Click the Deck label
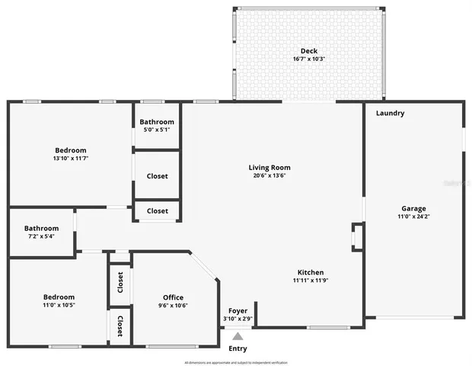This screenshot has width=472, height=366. [308, 51]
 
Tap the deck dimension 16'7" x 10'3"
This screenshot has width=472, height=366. [308, 59]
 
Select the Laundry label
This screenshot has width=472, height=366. [390, 114]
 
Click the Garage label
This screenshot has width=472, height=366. [414, 208]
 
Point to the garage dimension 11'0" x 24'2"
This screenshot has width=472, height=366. [414, 217]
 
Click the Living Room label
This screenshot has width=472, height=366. [269, 167]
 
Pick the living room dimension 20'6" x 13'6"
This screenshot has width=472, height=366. [269, 175]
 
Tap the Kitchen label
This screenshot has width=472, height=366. [311, 272]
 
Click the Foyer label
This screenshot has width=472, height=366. [238, 310]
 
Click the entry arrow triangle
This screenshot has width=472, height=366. [238, 335]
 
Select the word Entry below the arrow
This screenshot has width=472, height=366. [238, 348]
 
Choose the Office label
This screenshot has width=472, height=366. [173, 297]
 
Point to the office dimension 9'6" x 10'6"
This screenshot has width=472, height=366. [173, 306]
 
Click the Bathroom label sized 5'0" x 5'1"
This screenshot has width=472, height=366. [158, 122]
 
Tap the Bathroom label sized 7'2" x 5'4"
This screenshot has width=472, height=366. [41, 228]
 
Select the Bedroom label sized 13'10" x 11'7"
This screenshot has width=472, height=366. [70, 150]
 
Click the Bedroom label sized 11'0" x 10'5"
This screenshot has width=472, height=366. [59, 297]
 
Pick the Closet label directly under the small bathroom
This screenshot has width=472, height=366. [157, 176]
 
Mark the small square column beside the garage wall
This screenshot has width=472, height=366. [357, 236]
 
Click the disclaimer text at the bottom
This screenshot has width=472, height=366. [236, 362]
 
